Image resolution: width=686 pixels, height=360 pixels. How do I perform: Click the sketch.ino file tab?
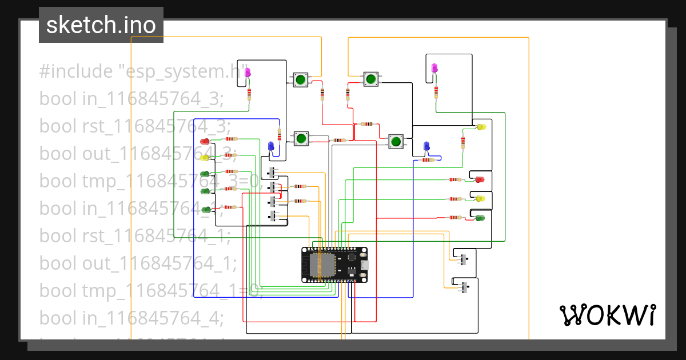pos(101,25)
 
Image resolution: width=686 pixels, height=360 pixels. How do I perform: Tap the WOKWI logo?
pos(607,315)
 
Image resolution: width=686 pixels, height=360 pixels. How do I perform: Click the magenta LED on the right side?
pos(435,69)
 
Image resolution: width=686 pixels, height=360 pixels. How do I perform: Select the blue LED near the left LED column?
pos(272,146)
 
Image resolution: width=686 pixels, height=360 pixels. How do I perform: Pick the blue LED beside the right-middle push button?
pos(426,147)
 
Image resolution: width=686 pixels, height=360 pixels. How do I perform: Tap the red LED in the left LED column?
pos(205,141)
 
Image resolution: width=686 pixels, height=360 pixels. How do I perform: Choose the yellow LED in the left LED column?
pos(205,158)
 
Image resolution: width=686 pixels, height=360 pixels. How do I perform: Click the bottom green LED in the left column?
pos(205,209)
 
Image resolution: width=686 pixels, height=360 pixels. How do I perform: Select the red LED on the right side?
pos(480,179)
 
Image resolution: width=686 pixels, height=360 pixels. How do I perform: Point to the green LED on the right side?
pos(480,218)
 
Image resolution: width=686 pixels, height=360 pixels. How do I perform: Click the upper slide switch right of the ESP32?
pos(464,258)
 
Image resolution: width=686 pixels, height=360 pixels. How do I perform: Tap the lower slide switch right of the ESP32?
pos(464,287)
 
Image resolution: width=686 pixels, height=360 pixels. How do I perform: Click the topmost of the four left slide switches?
pos(273,173)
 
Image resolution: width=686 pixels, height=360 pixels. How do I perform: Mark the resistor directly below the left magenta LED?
pos(249,94)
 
